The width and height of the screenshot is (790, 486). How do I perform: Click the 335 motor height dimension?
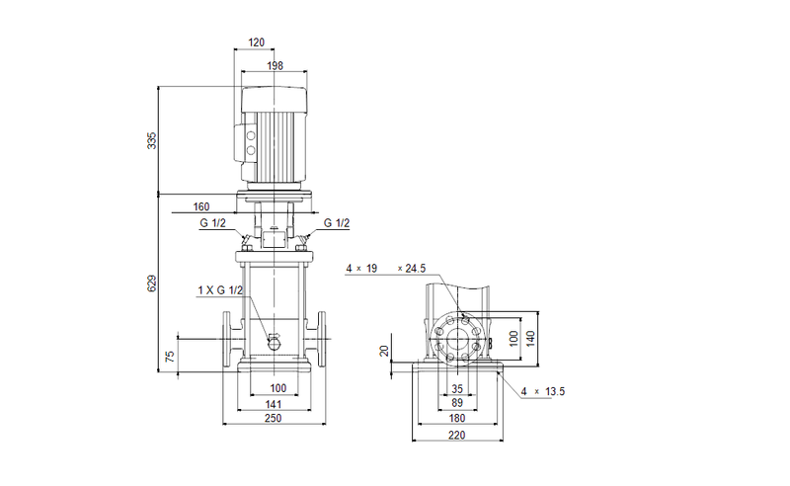coord(151,140)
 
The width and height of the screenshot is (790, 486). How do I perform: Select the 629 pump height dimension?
coord(151,283)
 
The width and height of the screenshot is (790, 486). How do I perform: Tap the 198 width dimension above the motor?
coord(274,65)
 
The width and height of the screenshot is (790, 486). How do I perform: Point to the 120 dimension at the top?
coord(257,43)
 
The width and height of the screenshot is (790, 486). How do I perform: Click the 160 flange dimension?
coord(201,207)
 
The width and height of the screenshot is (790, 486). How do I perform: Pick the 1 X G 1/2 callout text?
coord(220,289)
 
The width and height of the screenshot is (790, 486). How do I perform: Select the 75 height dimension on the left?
coord(169,356)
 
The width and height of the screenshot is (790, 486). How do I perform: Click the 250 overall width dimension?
coord(274,419)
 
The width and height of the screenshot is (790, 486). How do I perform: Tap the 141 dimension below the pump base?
coord(274,403)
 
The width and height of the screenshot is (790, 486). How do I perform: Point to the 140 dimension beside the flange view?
coord(529,337)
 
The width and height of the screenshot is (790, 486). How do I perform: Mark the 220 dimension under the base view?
coord(455,435)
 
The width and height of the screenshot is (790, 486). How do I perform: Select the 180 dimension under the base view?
coord(455,419)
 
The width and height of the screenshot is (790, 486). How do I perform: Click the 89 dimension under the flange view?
coord(456,403)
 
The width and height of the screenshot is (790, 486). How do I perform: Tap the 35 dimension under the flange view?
coord(456,388)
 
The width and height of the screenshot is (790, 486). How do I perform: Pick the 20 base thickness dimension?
coord(386,350)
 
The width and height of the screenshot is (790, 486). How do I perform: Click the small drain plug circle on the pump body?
coord(274,340)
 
